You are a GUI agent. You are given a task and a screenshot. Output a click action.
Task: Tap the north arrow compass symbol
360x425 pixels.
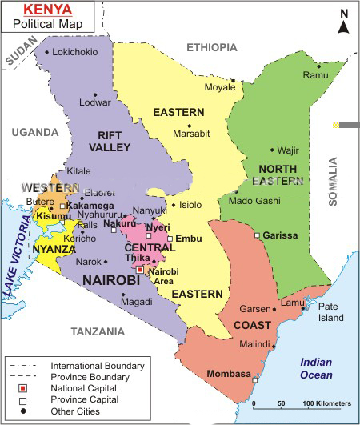point(343,23)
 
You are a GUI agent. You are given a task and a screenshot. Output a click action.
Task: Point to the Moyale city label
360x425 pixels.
point(220,87)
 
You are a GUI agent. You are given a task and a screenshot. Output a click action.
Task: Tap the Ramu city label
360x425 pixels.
point(316,75)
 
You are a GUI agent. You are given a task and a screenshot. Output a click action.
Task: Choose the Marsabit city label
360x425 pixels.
point(192,134)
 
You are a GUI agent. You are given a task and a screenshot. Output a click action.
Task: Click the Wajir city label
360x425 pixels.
point(287,150)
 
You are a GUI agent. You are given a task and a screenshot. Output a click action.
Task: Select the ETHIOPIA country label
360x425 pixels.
point(212,48)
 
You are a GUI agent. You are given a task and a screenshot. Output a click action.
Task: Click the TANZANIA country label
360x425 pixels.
point(98,331)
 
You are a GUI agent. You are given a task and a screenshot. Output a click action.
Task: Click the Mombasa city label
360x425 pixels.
point(229,374)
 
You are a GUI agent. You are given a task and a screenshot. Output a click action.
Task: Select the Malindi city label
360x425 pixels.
point(254,344)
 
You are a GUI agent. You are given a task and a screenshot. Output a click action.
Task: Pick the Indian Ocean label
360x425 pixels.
point(316,367)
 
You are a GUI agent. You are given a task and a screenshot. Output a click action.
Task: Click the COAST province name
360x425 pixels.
point(252,325)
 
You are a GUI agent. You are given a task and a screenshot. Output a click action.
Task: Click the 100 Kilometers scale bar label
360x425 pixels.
point(326,402)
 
